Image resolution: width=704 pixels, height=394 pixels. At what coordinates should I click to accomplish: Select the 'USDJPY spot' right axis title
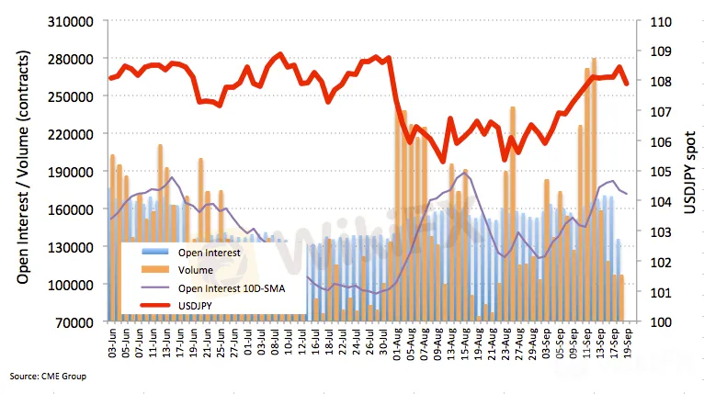(691, 172)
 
